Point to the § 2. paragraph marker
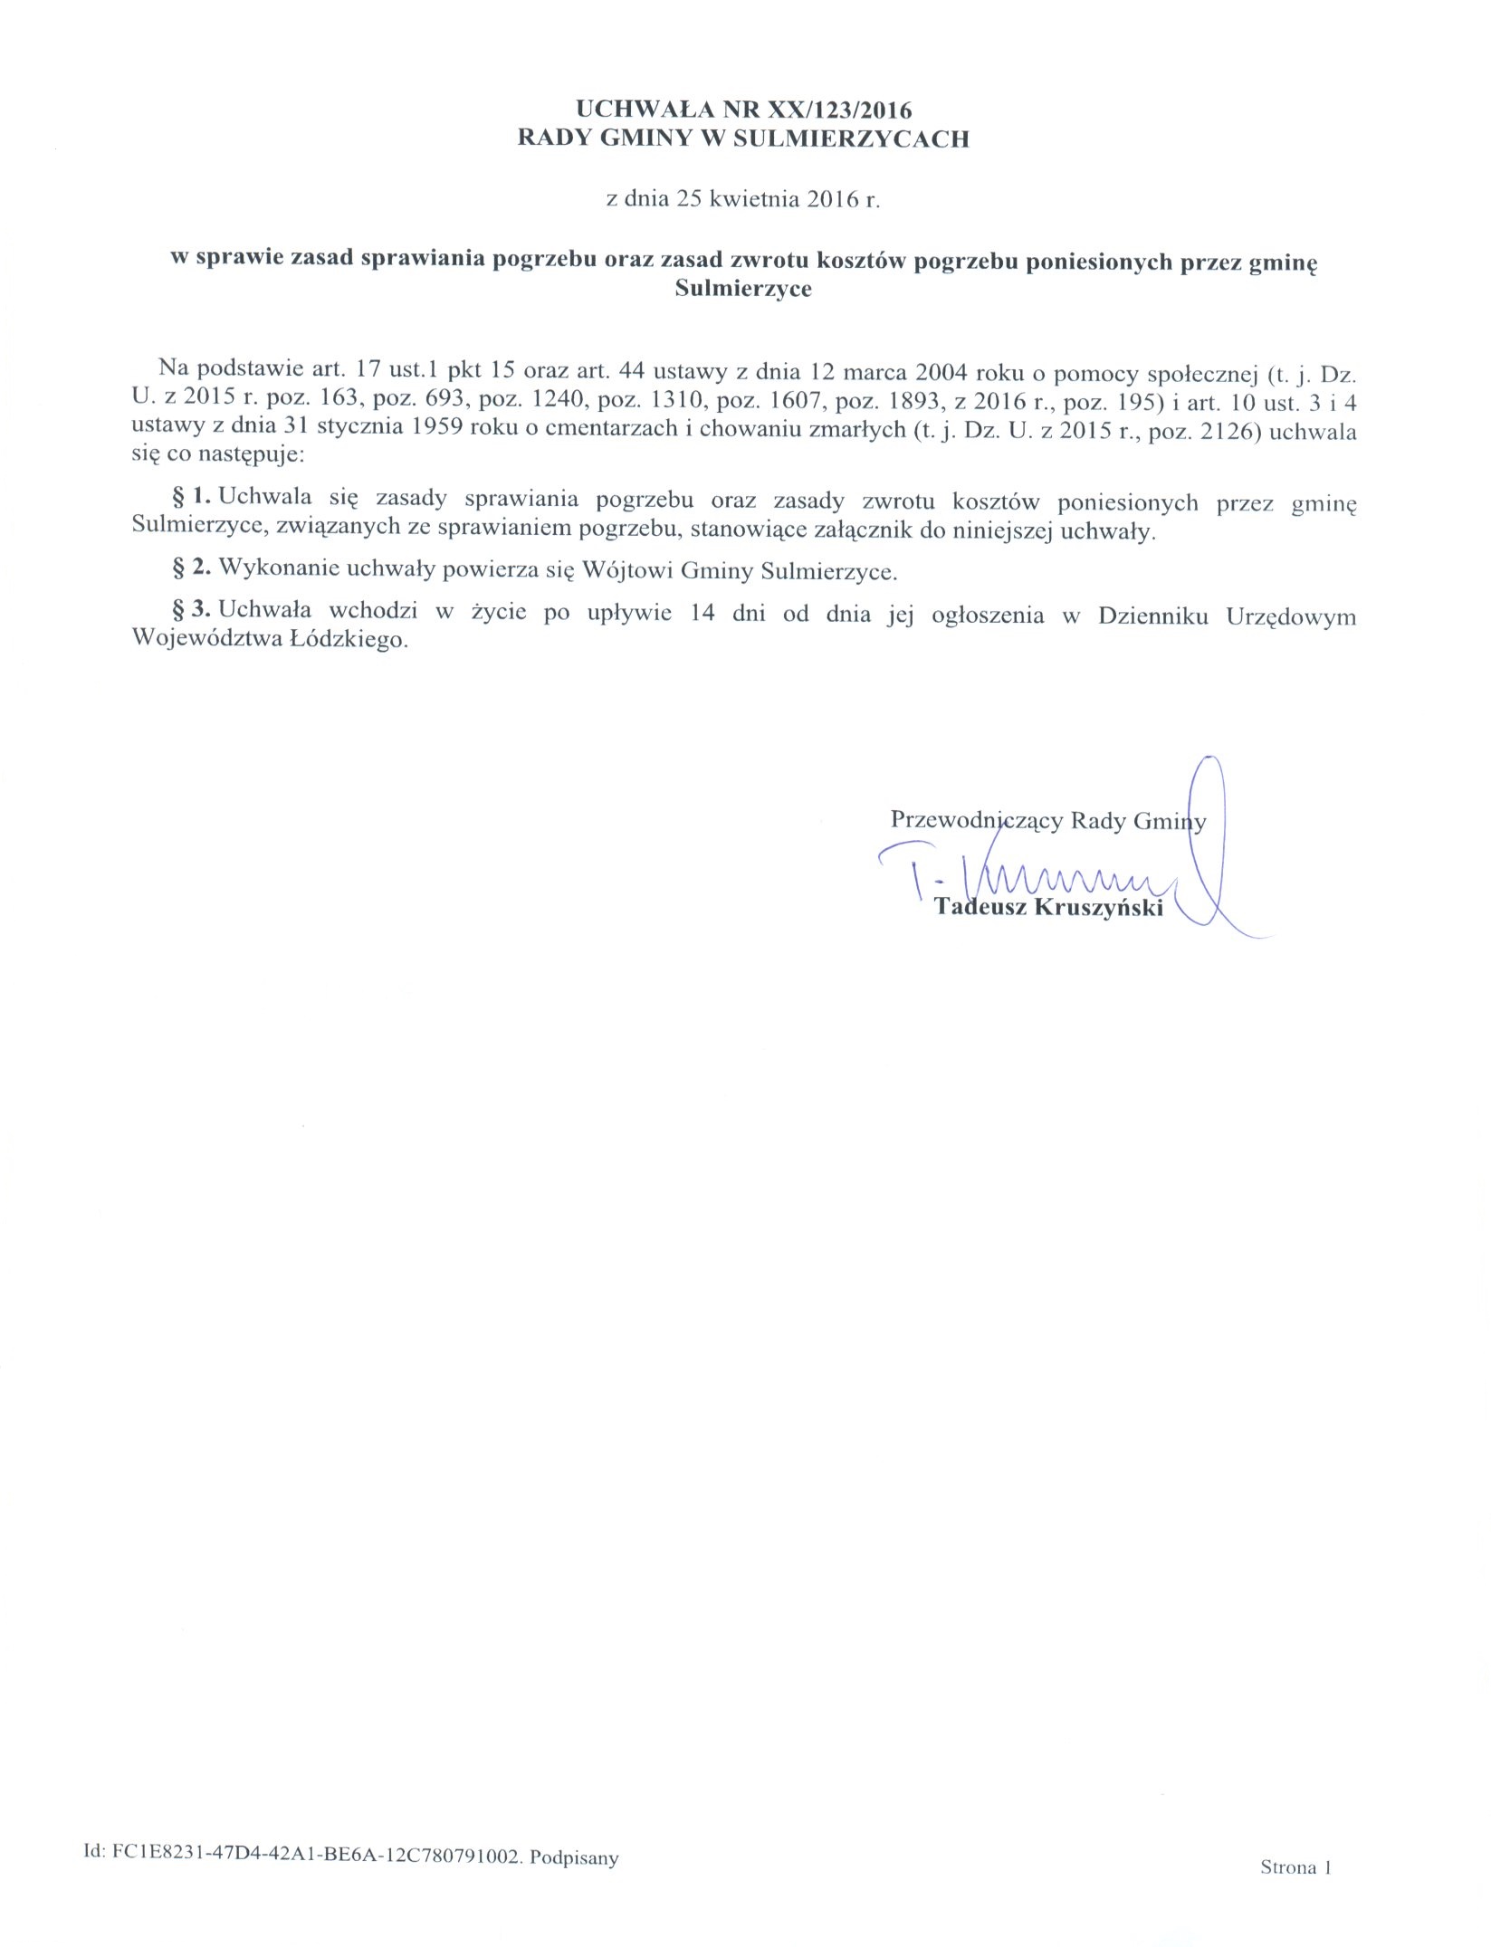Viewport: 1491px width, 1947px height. (x=191, y=569)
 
